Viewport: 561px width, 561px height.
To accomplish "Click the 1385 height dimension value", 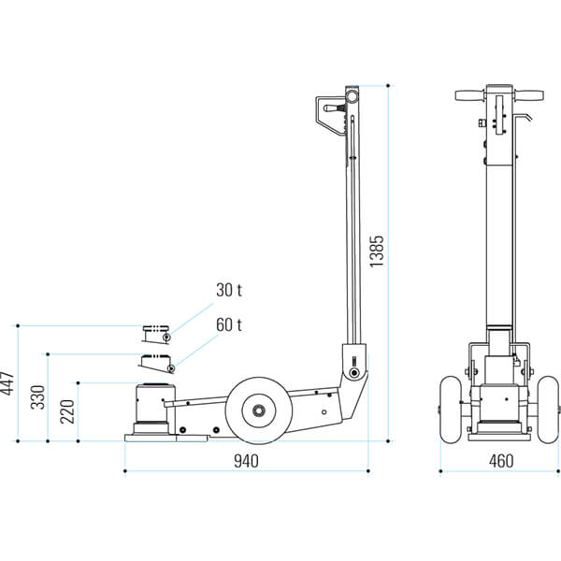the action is tap(377, 251).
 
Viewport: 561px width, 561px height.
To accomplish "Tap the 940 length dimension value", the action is tap(246, 461).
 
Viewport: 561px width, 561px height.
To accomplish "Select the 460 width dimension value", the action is tap(501, 461).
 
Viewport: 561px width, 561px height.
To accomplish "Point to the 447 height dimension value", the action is tap(7, 383).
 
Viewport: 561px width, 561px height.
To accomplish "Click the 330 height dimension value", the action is tap(37, 397).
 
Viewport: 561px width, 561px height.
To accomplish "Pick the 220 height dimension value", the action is tap(67, 411).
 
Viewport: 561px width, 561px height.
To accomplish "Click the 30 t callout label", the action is tap(229, 290).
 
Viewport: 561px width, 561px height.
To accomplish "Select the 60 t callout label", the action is tap(229, 324).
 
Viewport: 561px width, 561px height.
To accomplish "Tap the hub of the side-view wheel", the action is tap(259, 410).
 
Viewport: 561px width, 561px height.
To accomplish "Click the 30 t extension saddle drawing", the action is tap(156, 334).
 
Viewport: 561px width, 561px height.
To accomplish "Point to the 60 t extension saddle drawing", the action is tap(157, 363).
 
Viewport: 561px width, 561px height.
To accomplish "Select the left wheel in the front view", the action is tap(451, 410).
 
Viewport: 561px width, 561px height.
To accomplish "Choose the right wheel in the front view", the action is tap(549, 410).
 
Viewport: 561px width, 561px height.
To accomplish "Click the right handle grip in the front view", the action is tap(528, 95).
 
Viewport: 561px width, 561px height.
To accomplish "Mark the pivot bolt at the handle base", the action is tap(354, 373).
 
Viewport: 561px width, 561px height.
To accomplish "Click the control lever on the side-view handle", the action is tap(334, 108).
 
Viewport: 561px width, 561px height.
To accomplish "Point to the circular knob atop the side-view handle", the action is tap(352, 96).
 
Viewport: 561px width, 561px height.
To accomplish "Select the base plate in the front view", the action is tap(500, 437).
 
